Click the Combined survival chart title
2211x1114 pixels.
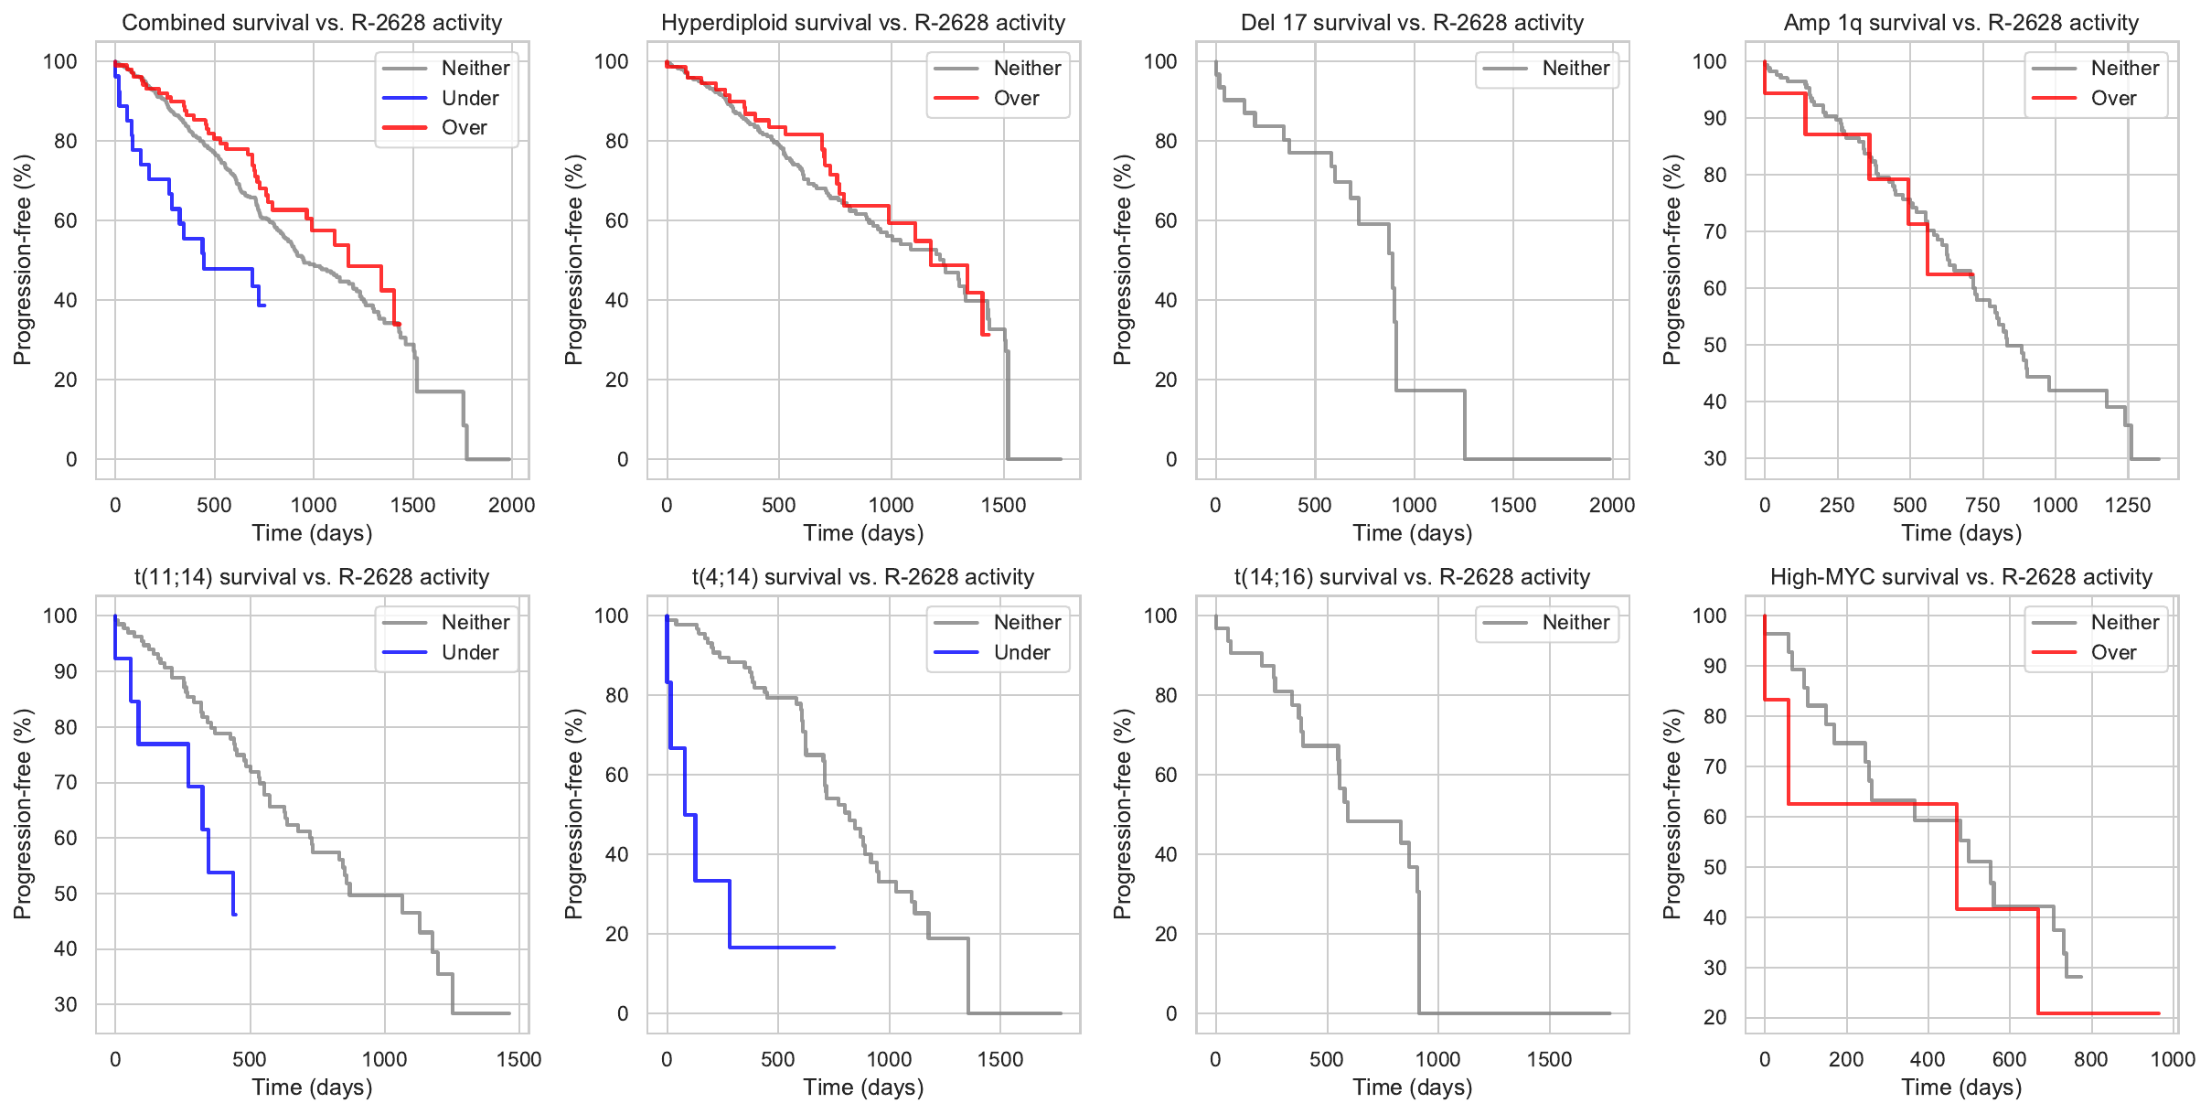pyautogui.click(x=312, y=23)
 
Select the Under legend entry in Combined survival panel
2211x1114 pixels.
pyautogui.click(x=469, y=98)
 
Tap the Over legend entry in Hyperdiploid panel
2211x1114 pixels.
pyautogui.click(x=1016, y=98)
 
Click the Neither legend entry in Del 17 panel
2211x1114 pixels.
pyautogui.click(x=1575, y=68)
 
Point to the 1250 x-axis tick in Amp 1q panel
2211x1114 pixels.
pyautogui.click(x=2128, y=505)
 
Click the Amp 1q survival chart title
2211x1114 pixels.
pyautogui.click(x=1961, y=23)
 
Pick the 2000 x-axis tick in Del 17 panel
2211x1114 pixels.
pyautogui.click(x=1612, y=505)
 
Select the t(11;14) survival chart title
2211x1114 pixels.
pyautogui.click(x=312, y=577)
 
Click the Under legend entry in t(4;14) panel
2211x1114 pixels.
pyautogui.click(x=1021, y=652)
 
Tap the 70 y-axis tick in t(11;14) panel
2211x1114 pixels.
pyautogui.click(x=66, y=782)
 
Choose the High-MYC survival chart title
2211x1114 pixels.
pyautogui.click(x=1961, y=577)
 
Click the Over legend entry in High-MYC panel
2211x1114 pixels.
pyautogui.click(x=2113, y=652)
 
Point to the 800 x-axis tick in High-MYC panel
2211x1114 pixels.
pyautogui.click(x=2091, y=1059)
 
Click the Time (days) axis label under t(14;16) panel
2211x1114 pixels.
pyautogui.click(x=1412, y=1087)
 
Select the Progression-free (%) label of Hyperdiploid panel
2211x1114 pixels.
pyautogui.click(x=573, y=260)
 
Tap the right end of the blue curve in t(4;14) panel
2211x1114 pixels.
pyautogui.click(x=834, y=948)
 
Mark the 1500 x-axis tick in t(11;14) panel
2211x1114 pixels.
pyautogui.click(x=519, y=1059)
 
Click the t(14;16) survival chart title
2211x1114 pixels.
pyautogui.click(x=1412, y=577)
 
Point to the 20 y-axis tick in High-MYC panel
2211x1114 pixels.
pyautogui.click(x=1714, y=1017)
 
